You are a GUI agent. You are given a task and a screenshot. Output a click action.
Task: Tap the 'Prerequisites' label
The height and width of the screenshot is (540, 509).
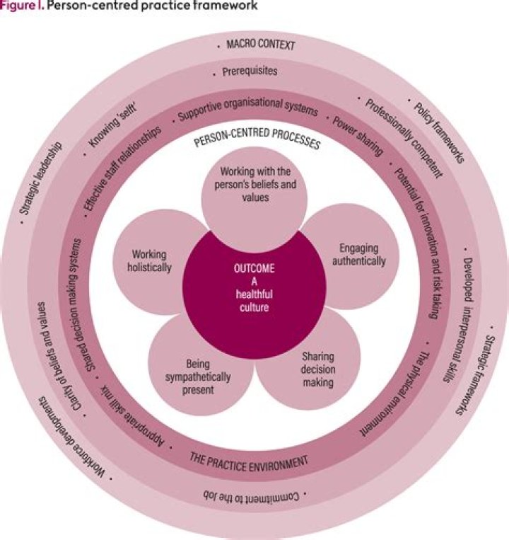250,71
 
